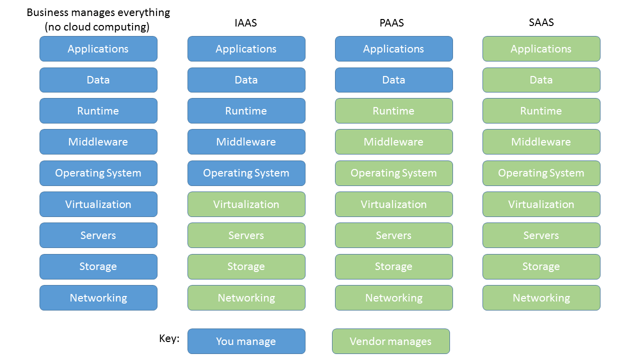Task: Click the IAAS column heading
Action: pos(245,23)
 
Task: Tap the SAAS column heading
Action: pos(541,22)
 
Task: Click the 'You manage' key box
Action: pos(246,341)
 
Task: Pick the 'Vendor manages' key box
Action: pos(390,341)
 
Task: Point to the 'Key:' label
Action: pos(169,338)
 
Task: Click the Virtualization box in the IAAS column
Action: pos(246,204)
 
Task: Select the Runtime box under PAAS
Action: pos(393,110)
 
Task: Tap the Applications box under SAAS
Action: pos(541,48)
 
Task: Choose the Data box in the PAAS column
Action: pos(393,80)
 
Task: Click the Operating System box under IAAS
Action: pos(246,173)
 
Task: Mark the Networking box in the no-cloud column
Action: pos(98,297)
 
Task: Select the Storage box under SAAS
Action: pos(541,266)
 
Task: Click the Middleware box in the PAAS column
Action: pos(393,142)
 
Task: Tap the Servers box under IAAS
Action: pos(246,235)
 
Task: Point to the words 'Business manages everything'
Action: pos(98,12)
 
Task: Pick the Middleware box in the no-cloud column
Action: pos(98,142)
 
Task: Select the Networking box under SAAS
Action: pos(541,297)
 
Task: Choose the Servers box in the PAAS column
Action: pos(393,235)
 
